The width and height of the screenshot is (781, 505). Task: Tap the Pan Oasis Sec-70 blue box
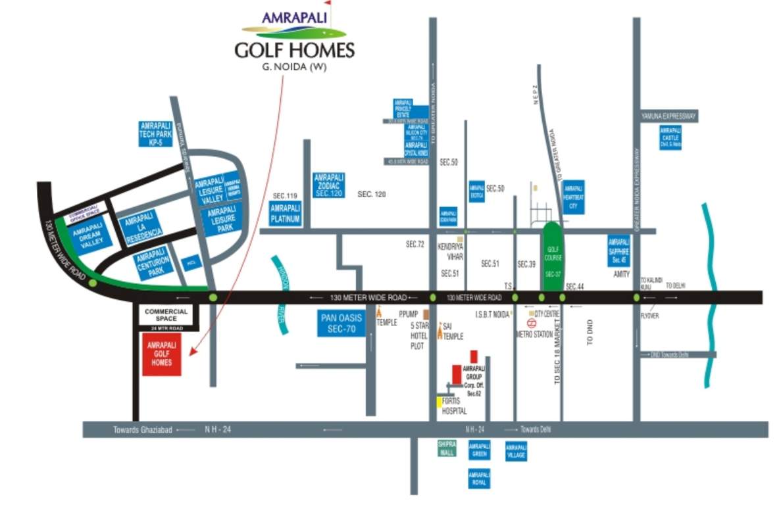[341, 324]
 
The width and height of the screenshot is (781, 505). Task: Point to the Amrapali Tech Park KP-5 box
[156, 133]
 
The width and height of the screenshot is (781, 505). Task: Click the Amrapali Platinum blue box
[286, 214]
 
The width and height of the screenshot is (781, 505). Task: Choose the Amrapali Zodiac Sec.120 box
[330, 185]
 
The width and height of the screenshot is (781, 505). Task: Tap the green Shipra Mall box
[447, 448]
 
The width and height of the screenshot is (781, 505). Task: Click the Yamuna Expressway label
[668, 116]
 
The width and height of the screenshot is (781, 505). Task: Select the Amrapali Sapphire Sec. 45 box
[618, 251]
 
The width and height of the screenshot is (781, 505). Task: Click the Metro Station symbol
[532, 323]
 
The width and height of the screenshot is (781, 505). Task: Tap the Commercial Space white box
[166, 314]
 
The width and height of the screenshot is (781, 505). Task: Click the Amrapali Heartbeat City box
[574, 196]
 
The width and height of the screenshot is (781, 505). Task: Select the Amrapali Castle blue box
[670, 137]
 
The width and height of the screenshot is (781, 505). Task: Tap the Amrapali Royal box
[478, 478]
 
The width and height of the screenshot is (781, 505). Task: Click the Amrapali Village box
[516, 450]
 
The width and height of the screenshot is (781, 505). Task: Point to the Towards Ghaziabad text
[142, 429]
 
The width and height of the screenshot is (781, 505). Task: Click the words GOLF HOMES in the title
[294, 50]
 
